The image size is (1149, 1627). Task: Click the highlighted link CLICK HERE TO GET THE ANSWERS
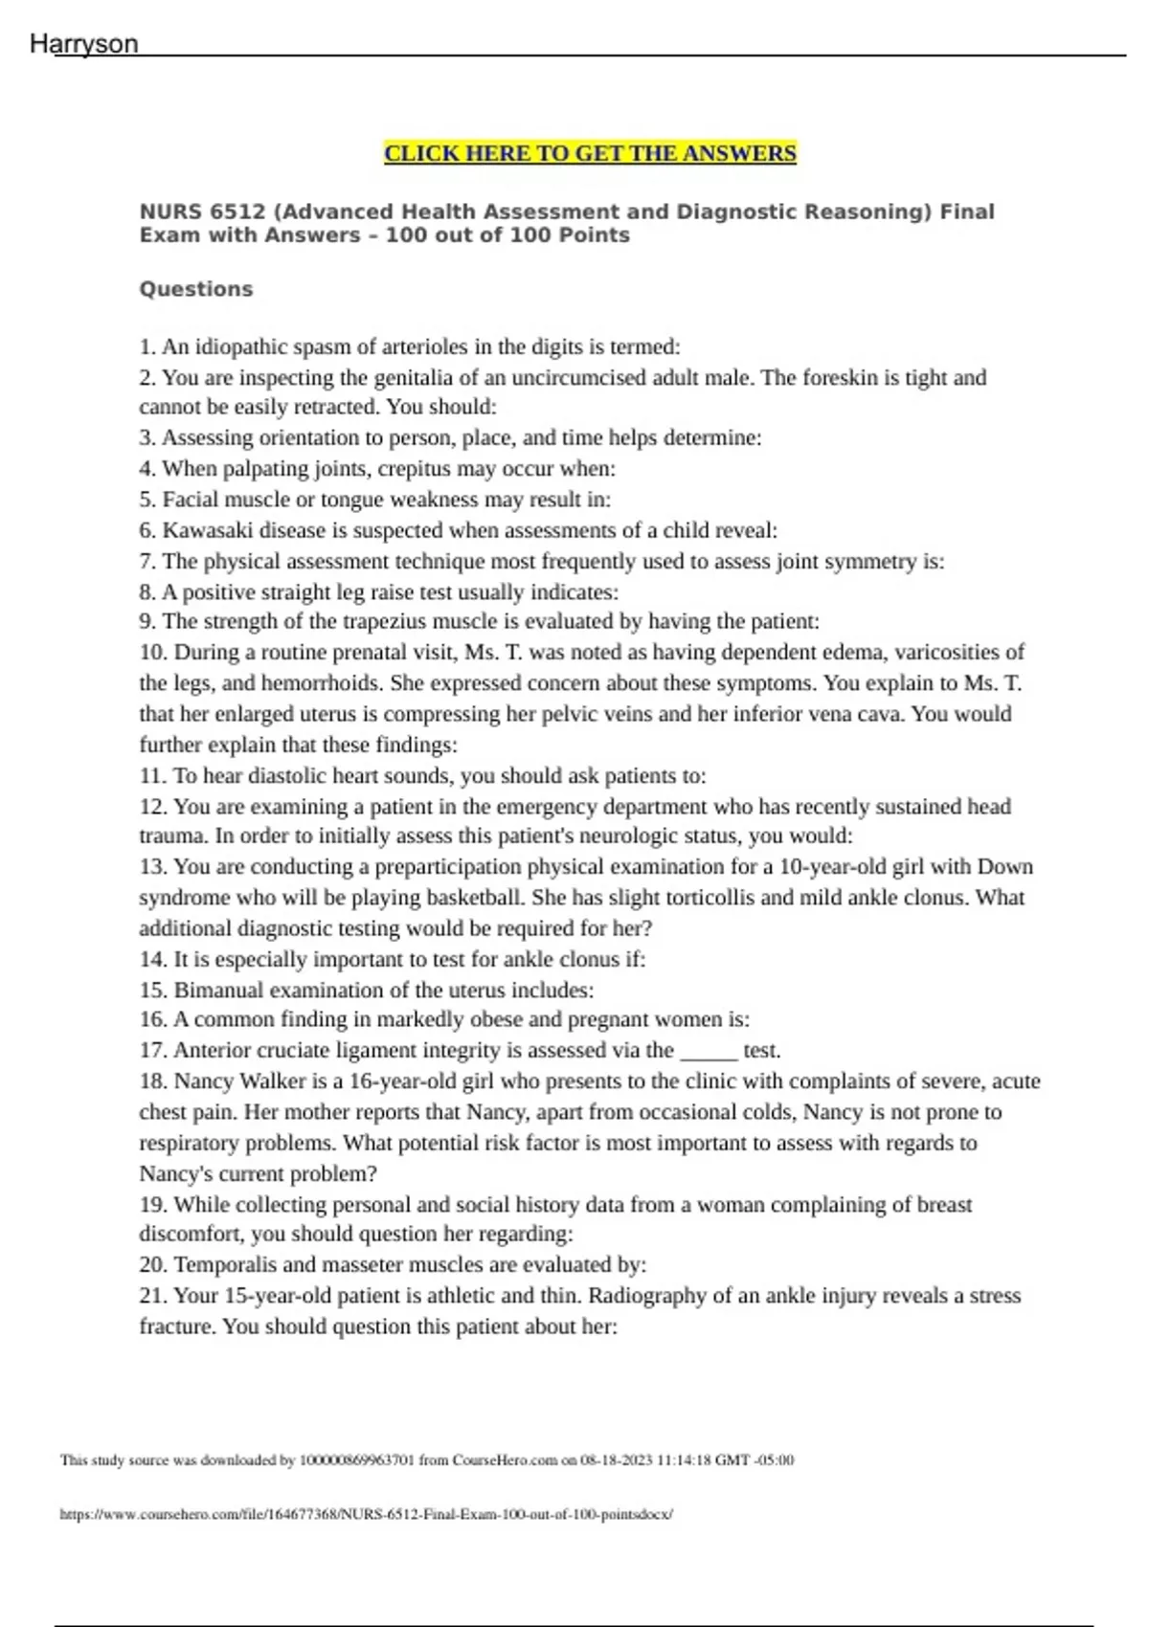(590, 154)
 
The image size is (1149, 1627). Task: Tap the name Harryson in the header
(84, 44)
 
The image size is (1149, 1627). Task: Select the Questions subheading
(196, 289)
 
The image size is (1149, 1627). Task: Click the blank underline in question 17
(709, 1053)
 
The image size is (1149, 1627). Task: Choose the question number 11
(152, 776)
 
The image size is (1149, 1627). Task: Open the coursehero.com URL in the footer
(367, 1515)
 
